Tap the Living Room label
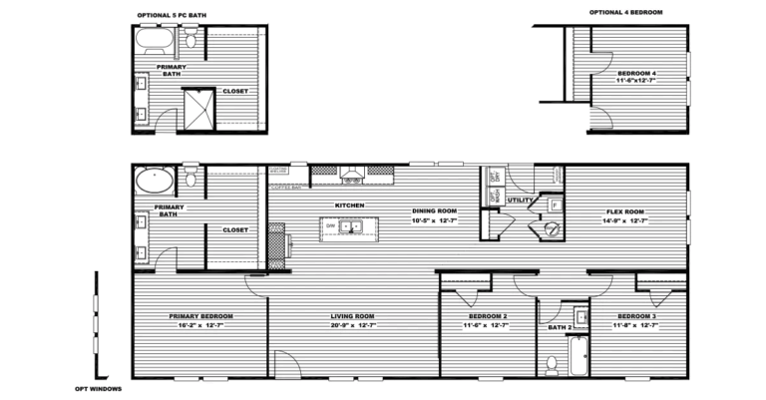click(x=354, y=317)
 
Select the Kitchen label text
click(x=349, y=205)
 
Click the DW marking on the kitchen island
click(x=330, y=226)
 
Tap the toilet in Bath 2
click(x=552, y=361)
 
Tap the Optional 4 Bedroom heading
click(x=625, y=12)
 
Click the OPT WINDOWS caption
click(x=98, y=389)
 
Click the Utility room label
click(x=520, y=200)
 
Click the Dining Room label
click(x=434, y=210)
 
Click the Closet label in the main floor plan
click(x=235, y=229)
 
